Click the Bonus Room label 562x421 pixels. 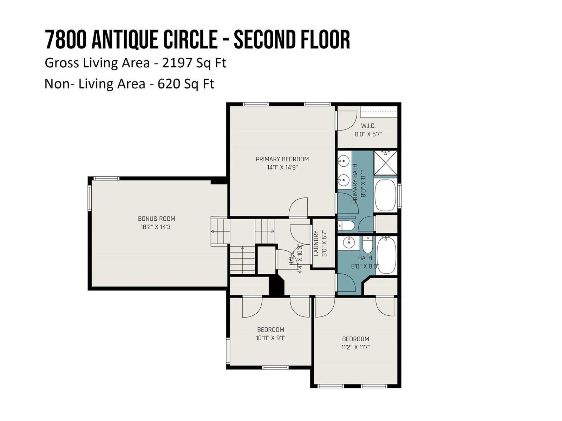(x=156, y=219)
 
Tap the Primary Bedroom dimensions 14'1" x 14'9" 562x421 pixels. (x=282, y=167)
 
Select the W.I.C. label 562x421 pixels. (x=368, y=126)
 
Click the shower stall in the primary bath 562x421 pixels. (x=385, y=163)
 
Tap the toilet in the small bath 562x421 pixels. (x=367, y=244)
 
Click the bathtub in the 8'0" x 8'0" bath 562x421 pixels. (x=386, y=255)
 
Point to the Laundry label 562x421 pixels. (x=316, y=243)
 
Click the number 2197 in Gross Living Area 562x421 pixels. (x=177, y=63)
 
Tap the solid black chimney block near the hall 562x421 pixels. (x=276, y=286)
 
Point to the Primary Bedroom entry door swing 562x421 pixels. (x=298, y=207)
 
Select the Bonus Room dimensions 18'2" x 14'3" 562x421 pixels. (x=156, y=227)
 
